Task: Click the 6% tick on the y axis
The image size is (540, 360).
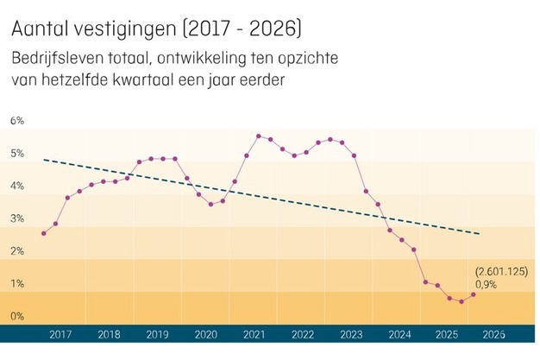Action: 16,120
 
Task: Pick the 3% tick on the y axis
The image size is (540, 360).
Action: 16,218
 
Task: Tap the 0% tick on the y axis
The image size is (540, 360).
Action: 16,316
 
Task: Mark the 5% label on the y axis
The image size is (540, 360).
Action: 16,153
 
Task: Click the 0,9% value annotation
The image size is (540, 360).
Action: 485,283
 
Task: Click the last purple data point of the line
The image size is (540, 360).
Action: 474,294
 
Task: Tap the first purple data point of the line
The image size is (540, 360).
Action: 43,233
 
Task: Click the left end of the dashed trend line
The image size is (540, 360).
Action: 43,160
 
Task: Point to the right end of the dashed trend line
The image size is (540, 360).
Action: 480,234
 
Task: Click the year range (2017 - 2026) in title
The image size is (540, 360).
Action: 243,30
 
